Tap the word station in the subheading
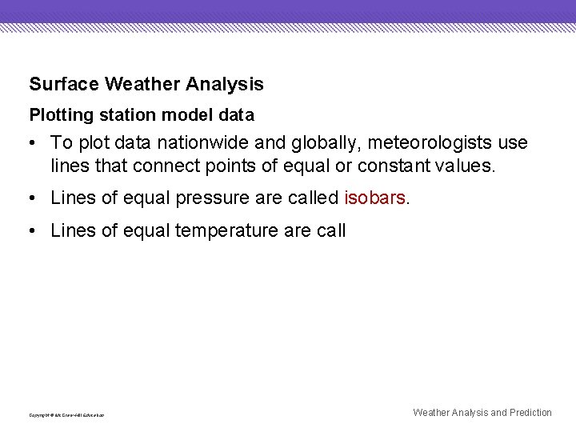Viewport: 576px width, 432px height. [126, 115]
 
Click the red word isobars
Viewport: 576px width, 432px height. [374, 198]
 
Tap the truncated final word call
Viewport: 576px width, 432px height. [331, 231]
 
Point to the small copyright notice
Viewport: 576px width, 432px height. [66, 415]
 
